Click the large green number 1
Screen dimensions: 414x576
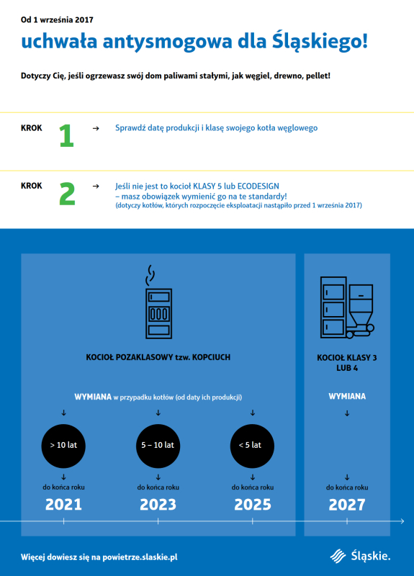click(67, 136)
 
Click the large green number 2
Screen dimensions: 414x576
click(67, 194)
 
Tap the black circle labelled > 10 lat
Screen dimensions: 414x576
click(63, 446)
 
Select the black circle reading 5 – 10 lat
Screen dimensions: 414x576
click(158, 446)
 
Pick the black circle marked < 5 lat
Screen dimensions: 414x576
click(253, 446)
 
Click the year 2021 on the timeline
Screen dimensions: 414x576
click(63, 505)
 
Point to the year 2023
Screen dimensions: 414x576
click(158, 505)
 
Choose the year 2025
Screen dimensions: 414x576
click(253, 505)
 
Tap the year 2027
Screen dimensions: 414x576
click(347, 505)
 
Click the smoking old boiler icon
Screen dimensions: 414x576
click(158, 302)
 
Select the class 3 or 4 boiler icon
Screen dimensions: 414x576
click(347, 307)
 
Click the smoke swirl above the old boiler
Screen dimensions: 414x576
click(150, 276)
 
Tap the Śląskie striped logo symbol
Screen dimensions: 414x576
click(338, 556)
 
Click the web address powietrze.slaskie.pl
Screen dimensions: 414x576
click(140, 557)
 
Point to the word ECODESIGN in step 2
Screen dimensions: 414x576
click(258, 186)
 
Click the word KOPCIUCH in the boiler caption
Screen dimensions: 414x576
click(211, 357)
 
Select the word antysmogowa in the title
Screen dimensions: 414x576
click(167, 41)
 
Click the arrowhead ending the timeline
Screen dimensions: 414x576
click(402, 521)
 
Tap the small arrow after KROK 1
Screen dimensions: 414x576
click(96, 128)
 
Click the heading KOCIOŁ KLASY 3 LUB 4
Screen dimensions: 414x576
click(347, 363)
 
